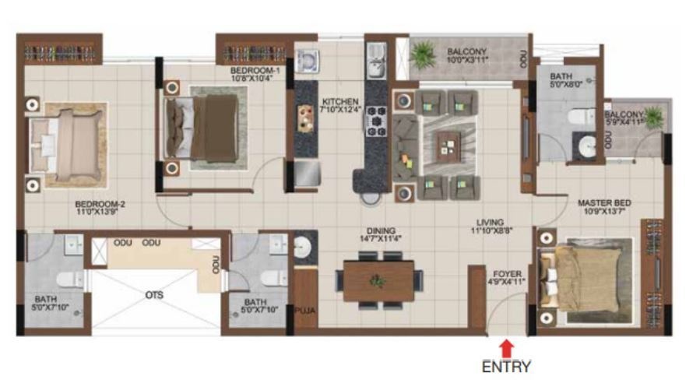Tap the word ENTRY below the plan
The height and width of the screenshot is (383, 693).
[506, 366]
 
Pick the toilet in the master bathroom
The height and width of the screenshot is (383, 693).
[577, 117]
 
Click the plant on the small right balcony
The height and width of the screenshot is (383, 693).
[653, 118]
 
